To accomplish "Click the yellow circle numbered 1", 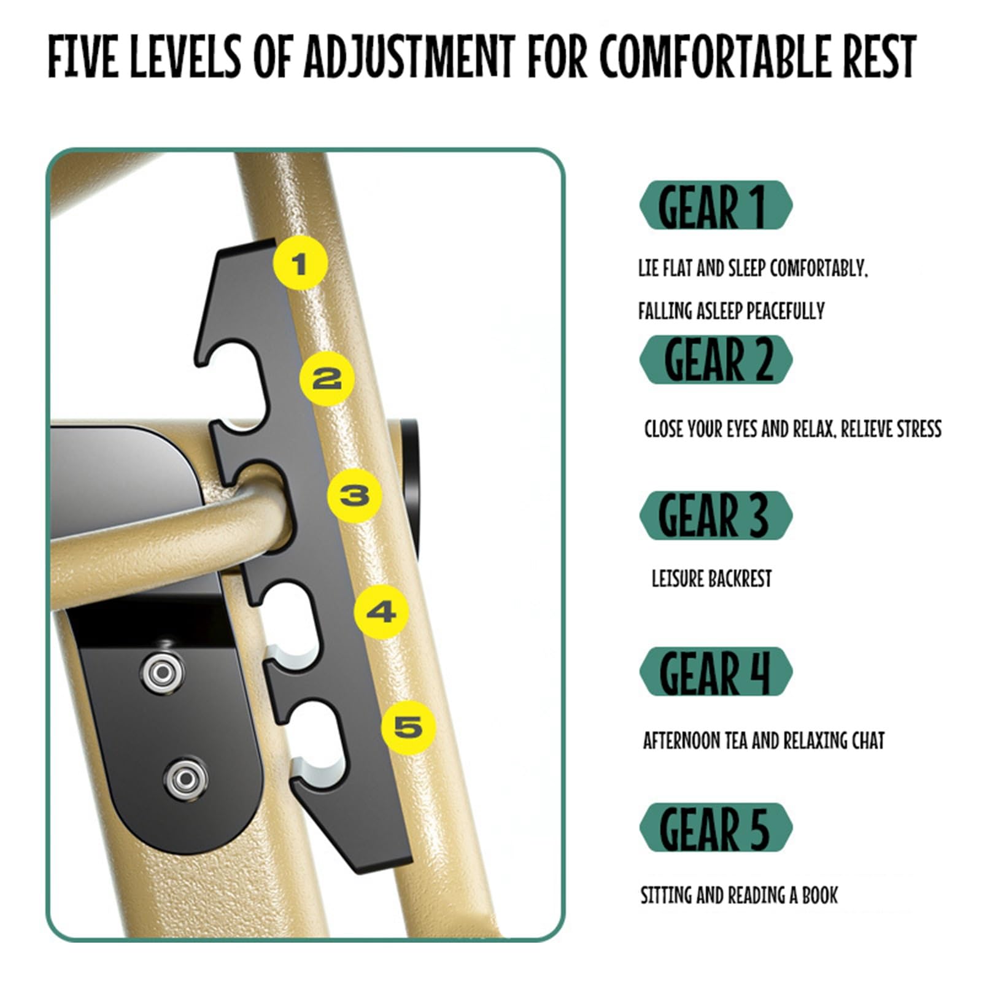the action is (300, 264).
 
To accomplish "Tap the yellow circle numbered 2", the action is (327, 378).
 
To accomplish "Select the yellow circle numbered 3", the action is (354, 495).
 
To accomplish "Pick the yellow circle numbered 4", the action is (381, 611).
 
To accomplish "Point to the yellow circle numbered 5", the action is (409, 727).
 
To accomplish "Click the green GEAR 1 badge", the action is (716, 205).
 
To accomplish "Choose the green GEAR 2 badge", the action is (716, 360).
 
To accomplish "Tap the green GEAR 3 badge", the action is (716, 516).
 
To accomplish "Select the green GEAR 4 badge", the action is (716, 671).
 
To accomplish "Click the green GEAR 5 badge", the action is (716, 827).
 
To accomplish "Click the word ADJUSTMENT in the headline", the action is (409, 56).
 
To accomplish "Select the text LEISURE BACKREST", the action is (711, 578).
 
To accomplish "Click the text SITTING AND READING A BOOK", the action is (739, 895).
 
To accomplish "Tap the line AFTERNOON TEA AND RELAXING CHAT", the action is (764, 741).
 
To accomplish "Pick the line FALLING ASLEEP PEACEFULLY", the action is (731, 311).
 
